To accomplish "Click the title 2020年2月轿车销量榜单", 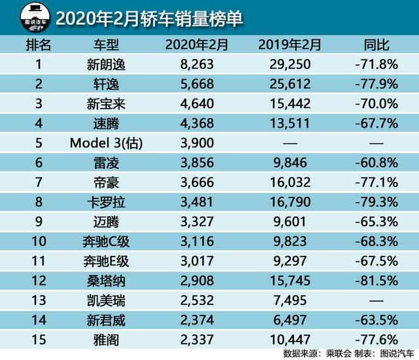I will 149,19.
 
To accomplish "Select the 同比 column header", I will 376,45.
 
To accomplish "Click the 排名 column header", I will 37,45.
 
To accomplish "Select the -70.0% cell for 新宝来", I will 376,103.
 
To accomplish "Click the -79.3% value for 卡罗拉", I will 376,200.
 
